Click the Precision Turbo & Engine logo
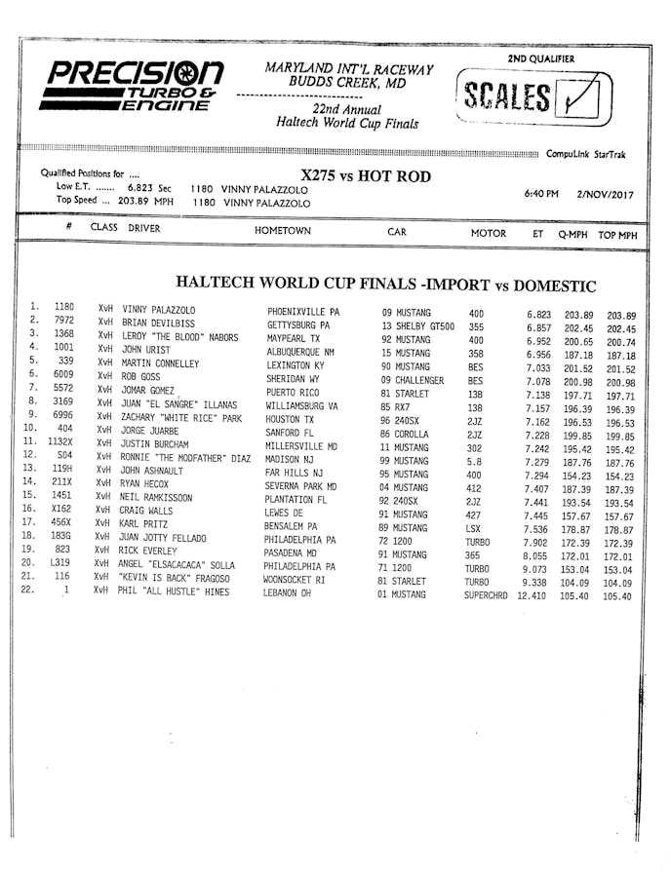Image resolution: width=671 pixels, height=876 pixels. pos(136,85)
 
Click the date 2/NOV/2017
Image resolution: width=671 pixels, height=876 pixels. pos(604,194)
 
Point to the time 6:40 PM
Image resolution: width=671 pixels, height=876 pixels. pos(541,193)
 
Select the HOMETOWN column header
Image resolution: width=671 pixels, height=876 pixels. pos(282,232)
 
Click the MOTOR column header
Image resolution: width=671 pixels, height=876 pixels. pos(489,234)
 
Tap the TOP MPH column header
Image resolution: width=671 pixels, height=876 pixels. pos(617,235)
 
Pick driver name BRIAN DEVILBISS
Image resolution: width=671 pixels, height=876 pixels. pos(158,324)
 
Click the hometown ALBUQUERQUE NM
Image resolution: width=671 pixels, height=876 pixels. pos(300,352)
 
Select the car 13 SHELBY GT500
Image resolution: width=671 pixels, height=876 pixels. pos(417,326)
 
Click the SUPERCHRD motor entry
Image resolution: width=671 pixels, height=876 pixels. pos(486,594)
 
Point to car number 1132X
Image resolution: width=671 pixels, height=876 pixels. pos(61,441)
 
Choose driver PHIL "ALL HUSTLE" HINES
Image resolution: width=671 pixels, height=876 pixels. pos(176,591)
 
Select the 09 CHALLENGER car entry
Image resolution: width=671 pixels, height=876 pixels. pos(412,380)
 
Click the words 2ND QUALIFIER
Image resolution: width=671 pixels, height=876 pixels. pos(540,58)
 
